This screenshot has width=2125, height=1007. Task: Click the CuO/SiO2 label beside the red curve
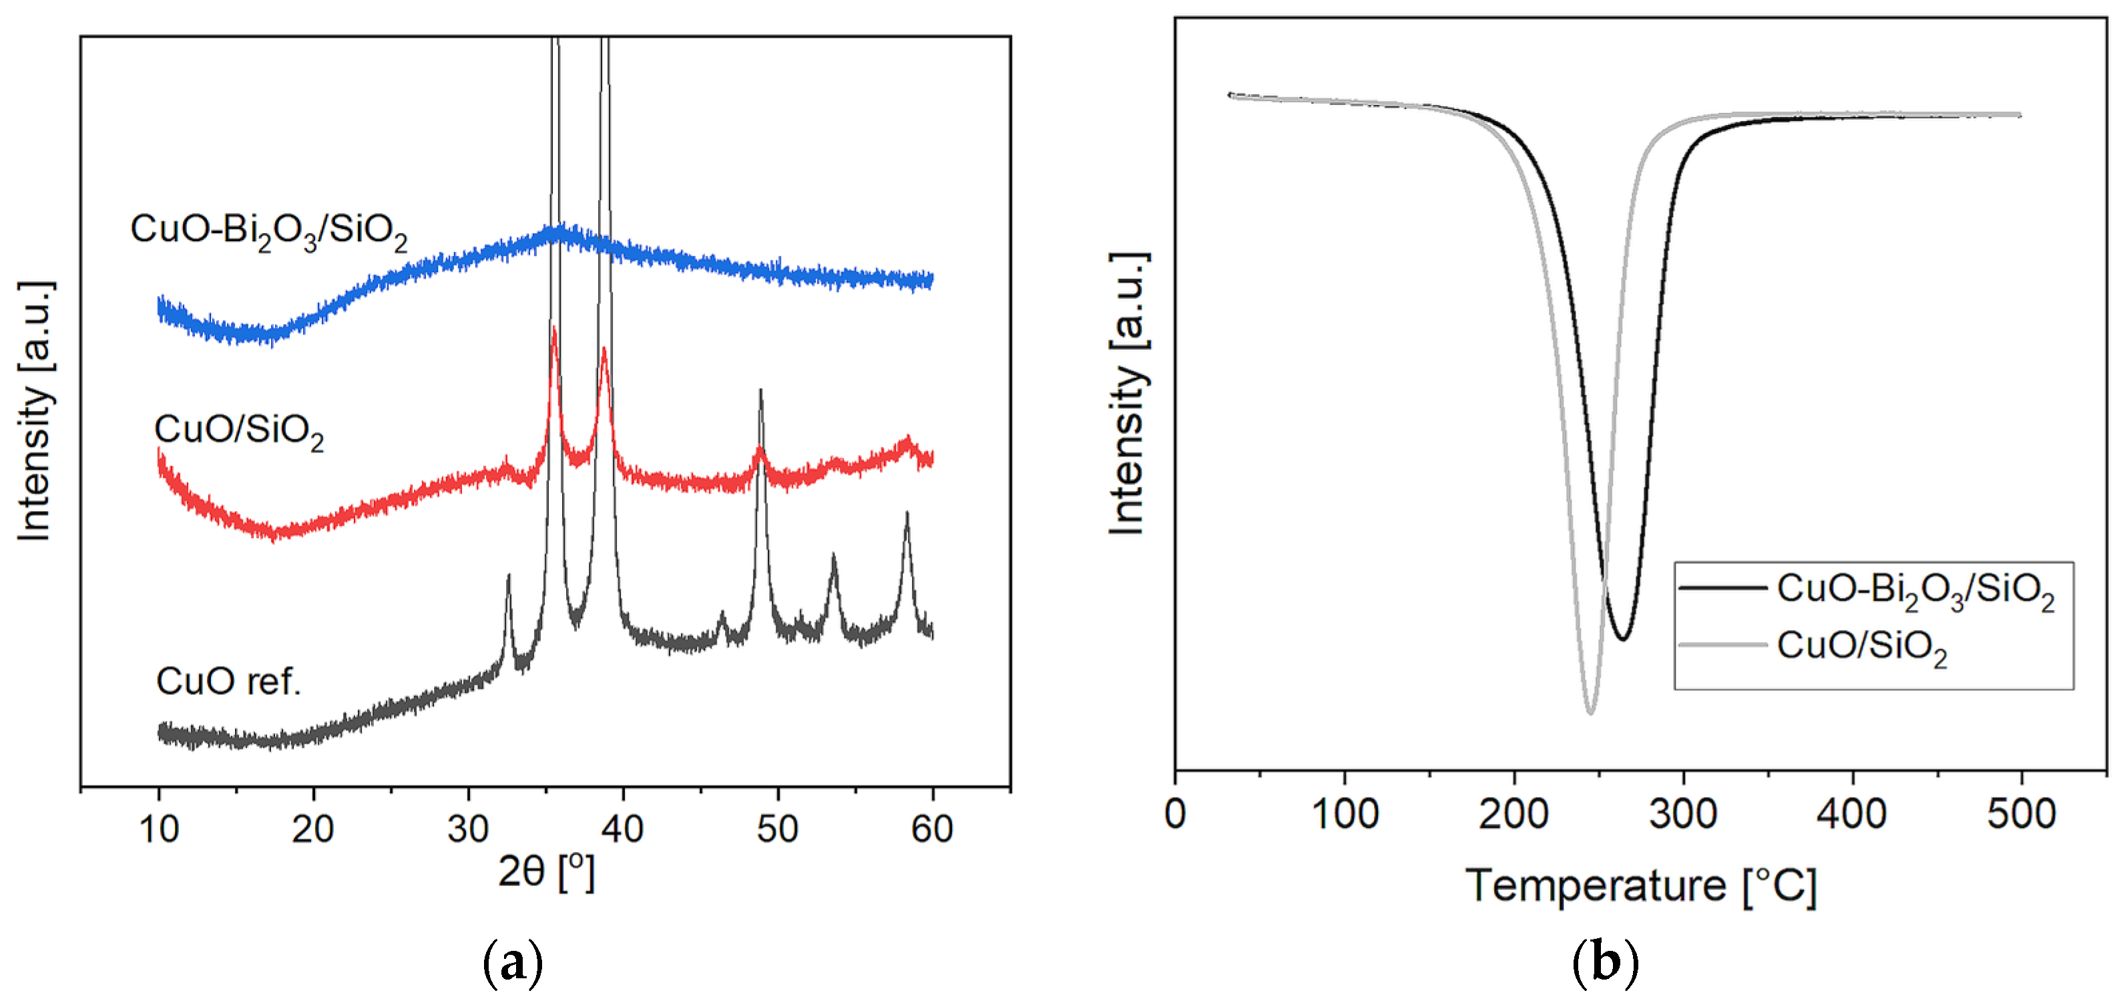pos(238,430)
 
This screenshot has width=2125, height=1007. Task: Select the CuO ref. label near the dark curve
pos(228,682)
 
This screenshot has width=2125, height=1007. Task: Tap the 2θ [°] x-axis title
pos(545,871)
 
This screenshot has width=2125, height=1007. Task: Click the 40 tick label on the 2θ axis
pos(622,829)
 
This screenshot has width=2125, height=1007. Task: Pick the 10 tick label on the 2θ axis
pos(158,829)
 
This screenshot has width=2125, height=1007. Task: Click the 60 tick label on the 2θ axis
pos(931,829)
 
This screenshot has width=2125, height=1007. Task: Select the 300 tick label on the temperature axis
pos(1683,815)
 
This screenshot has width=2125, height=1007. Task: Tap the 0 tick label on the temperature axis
pos(1175,815)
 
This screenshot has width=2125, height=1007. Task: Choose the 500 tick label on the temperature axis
pos(2021,815)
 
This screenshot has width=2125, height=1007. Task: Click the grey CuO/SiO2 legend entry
pos(1862,646)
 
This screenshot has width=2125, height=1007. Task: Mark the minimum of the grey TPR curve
pos(1590,712)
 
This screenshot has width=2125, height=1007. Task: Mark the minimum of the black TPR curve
pos(1622,638)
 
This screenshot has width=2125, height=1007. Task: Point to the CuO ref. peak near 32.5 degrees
pos(508,576)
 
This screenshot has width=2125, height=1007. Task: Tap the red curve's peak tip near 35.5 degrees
pos(553,329)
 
